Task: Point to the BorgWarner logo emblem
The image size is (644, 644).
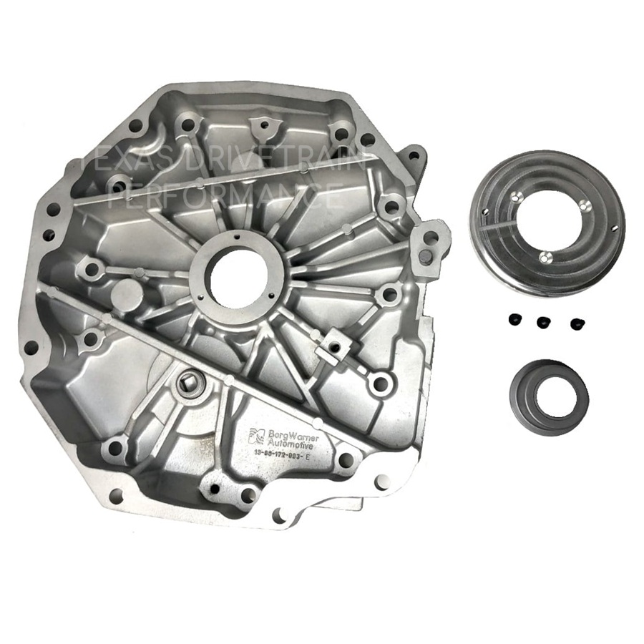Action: click(x=257, y=436)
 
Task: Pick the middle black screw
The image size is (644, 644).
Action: click(x=544, y=321)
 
